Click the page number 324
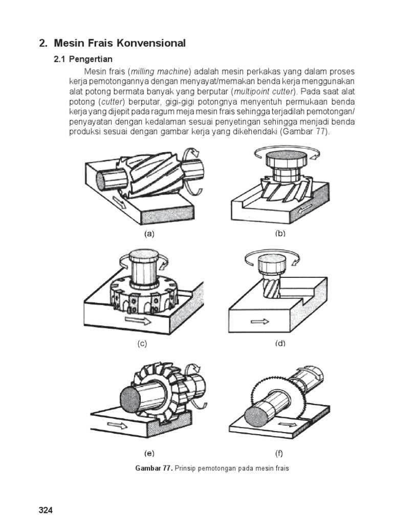coord(46,510)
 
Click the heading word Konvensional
coord(151,43)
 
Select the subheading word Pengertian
coord(91,59)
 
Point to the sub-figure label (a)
coord(149,234)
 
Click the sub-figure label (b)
coord(280,234)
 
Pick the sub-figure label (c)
coord(142,344)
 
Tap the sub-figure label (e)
coord(149,454)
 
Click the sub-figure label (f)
coord(279,454)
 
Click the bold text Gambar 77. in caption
coord(154,468)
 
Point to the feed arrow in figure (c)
coord(138,321)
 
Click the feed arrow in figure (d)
coord(260,322)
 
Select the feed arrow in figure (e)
coord(117,425)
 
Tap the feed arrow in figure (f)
coord(288,424)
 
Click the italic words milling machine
coord(159,72)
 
